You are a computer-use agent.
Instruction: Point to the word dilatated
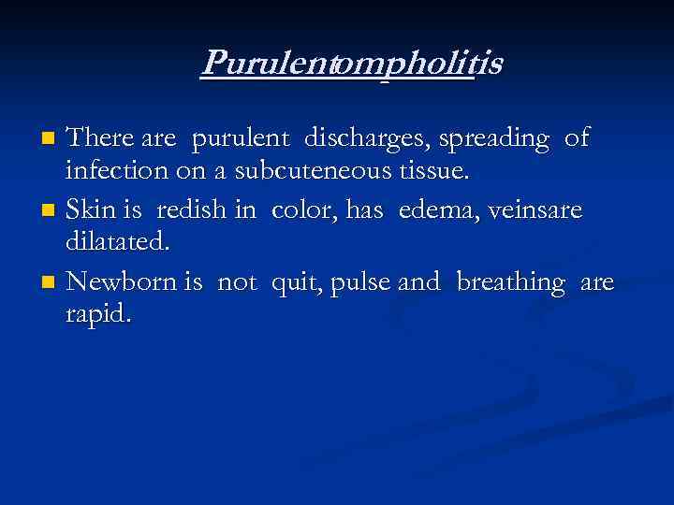click(117, 243)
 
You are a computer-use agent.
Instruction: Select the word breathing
click(512, 281)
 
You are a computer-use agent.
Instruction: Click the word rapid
click(97, 314)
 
